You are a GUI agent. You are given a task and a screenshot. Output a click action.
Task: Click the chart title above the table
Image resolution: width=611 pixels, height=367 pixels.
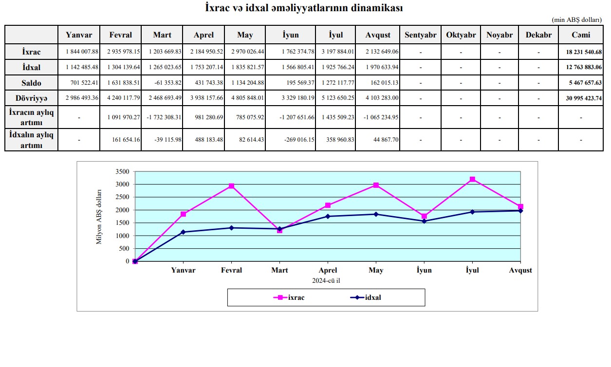pyautogui.click(x=304, y=8)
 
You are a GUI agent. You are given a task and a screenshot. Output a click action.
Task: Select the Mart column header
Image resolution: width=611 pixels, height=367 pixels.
pyautogui.click(x=162, y=35)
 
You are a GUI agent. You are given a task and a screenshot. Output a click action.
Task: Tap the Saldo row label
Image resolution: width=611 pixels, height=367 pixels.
pyautogui.click(x=31, y=83)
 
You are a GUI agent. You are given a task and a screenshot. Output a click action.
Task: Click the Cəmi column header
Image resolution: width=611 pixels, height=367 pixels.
pyautogui.click(x=581, y=35)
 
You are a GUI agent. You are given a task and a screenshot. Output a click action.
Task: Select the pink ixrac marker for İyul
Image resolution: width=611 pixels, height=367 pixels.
pyautogui.click(x=472, y=180)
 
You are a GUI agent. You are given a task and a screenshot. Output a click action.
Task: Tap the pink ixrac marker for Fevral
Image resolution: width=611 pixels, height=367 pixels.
pyautogui.click(x=231, y=186)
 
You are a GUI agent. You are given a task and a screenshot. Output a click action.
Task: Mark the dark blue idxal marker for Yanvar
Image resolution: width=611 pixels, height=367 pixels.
pyautogui.click(x=183, y=232)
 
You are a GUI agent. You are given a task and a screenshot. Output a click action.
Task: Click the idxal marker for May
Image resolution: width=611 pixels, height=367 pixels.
pyautogui.click(x=376, y=214)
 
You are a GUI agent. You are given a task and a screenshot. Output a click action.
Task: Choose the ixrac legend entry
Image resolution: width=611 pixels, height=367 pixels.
pyautogui.click(x=291, y=297)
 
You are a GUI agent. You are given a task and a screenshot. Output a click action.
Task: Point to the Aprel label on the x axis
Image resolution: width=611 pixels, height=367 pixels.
pyautogui.click(x=328, y=270)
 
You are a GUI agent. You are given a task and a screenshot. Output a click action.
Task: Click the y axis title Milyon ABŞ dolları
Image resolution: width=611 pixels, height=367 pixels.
pyautogui.click(x=99, y=217)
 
